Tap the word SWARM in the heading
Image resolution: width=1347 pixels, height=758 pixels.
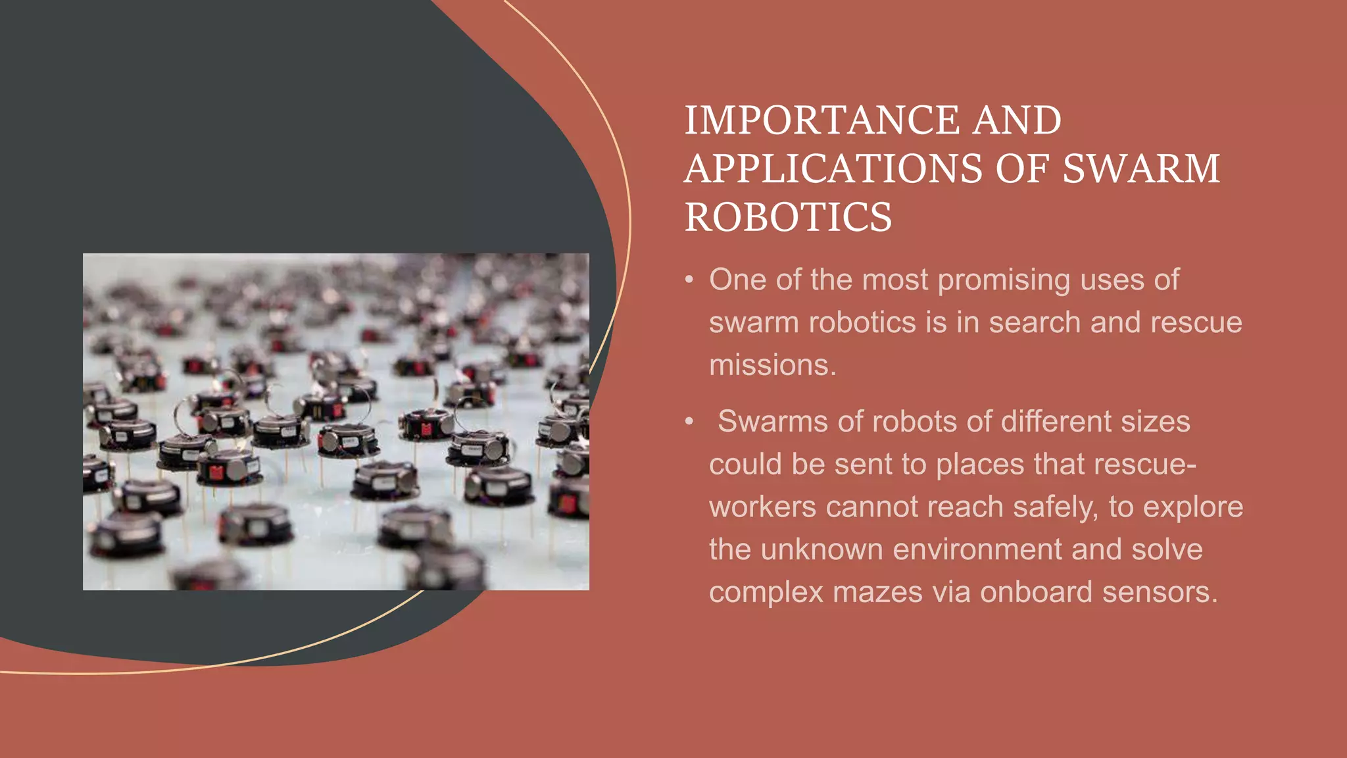pos(1141,168)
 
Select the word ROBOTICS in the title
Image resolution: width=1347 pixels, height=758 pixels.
pos(788,217)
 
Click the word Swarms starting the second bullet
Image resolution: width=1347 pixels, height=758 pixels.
pos(772,421)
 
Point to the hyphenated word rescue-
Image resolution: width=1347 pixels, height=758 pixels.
pos(1145,464)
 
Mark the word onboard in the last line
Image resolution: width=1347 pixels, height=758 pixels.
pos(1036,592)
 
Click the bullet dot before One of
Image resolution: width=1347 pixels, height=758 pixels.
pos(689,280)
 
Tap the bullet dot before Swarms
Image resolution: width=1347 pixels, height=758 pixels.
pos(689,422)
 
